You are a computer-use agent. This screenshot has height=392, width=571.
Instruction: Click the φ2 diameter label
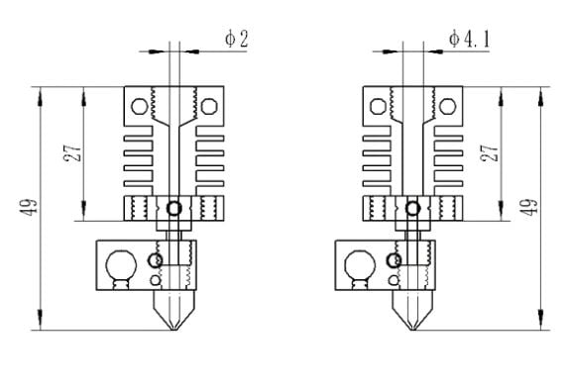point(237,39)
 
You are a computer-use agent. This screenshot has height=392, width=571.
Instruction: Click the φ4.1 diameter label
point(470,39)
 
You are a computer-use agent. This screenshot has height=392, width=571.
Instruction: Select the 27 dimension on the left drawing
point(72,153)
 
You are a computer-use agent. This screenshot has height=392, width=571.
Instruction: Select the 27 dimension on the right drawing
point(489,153)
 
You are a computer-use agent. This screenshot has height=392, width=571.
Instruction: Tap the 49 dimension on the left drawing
point(29,207)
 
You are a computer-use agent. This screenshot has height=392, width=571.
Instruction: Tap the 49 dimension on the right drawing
point(529,207)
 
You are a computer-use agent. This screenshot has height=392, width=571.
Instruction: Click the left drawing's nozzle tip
point(174,330)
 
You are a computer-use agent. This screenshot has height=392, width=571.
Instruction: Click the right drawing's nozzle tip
point(412,330)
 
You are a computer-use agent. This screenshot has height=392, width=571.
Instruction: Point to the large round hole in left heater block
point(121,265)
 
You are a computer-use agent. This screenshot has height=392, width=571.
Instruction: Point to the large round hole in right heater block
point(360,265)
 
